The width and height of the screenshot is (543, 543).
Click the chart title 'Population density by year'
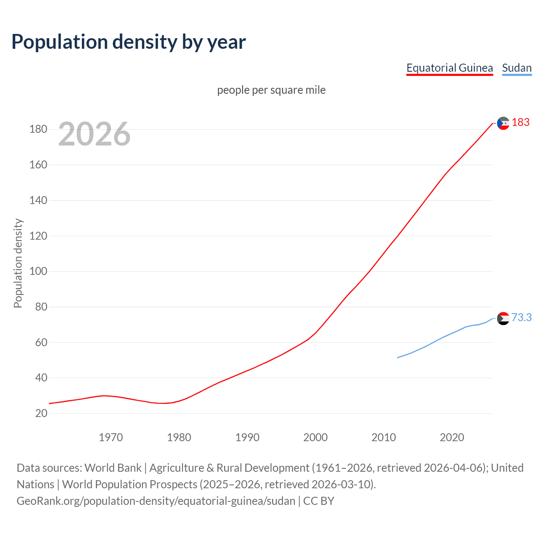pyautogui.click(x=129, y=42)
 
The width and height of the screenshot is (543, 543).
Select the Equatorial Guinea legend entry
pyautogui.click(x=449, y=68)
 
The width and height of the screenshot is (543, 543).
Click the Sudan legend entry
pyautogui.click(x=516, y=68)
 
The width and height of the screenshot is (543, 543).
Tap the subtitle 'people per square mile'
pyautogui.click(x=271, y=90)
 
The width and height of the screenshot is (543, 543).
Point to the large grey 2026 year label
pyautogui.click(x=94, y=134)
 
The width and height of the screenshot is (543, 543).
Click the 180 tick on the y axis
pyautogui.click(x=38, y=129)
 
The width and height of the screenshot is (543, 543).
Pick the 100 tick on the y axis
pyautogui.click(x=38, y=271)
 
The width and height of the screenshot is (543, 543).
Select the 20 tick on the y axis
pyautogui.click(x=41, y=413)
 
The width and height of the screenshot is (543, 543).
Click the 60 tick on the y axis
pyautogui.click(x=41, y=342)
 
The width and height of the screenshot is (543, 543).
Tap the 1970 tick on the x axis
pyautogui.click(x=111, y=437)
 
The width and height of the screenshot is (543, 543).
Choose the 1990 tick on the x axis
pyautogui.click(x=247, y=437)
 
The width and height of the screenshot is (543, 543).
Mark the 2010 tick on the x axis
pyautogui.click(x=383, y=437)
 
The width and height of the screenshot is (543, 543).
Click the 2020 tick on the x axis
pyautogui.click(x=452, y=437)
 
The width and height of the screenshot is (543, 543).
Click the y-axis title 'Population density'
pyautogui.click(x=18, y=263)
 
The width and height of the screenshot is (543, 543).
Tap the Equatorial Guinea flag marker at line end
pyautogui.click(x=503, y=123)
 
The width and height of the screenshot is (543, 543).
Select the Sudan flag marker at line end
pyautogui.click(x=503, y=318)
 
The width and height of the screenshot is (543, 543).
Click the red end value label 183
pyautogui.click(x=521, y=123)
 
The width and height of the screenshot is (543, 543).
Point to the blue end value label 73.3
pyautogui.click(x=521, y=317)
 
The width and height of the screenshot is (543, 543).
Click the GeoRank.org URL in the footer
pyautogui.click(x=156, y=501)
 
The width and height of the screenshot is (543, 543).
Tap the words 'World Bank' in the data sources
pyautogui.click(x=113, y=468)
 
